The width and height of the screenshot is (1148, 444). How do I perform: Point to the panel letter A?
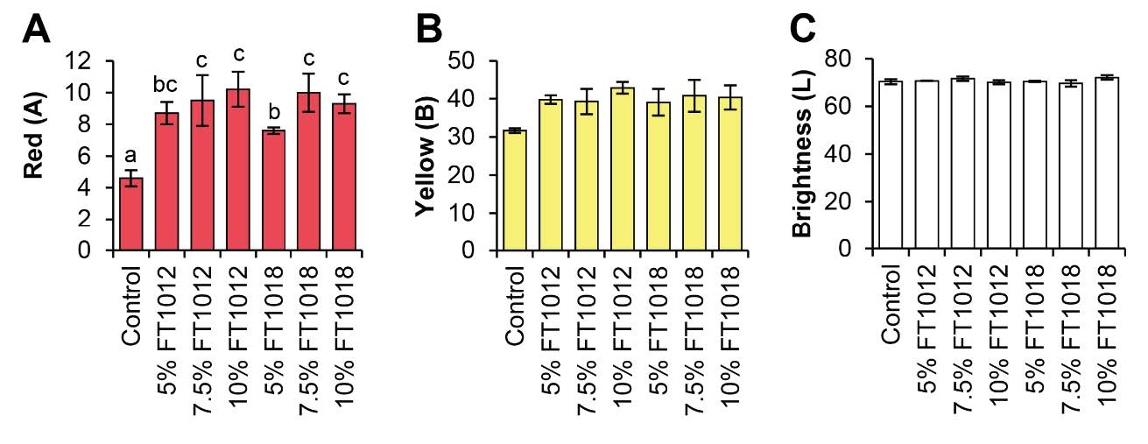37,32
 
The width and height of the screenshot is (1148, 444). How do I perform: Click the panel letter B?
429,32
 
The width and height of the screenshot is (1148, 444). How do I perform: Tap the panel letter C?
803,32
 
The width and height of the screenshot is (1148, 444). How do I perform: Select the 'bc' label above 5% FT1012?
167,87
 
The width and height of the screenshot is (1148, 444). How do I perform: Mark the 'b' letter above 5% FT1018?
275,112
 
